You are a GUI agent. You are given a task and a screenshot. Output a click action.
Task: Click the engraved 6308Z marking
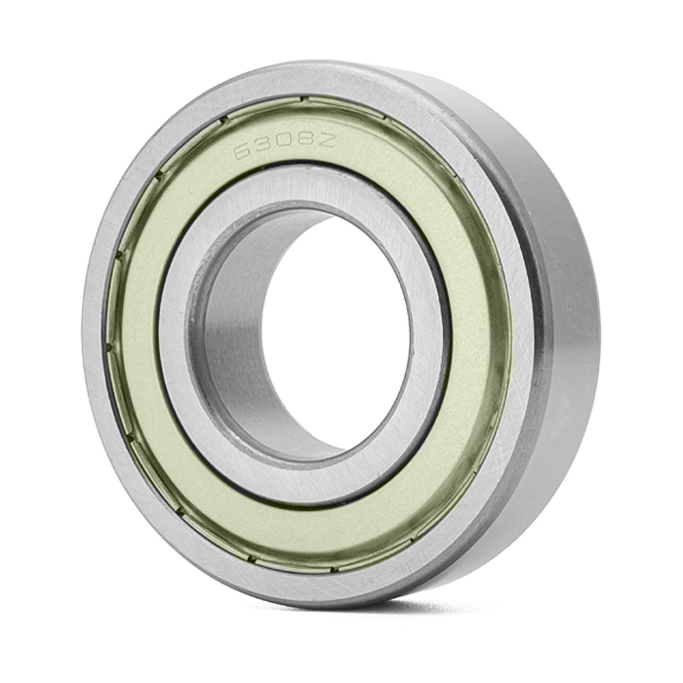click(285, 145)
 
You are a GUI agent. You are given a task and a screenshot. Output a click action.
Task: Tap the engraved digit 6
click(243, 152)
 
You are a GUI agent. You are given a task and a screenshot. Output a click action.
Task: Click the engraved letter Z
click(326, 140)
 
